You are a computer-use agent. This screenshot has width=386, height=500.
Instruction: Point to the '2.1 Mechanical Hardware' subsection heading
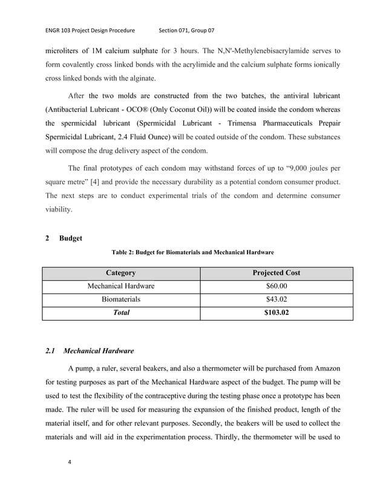pyautogui.click(x=90, y=350)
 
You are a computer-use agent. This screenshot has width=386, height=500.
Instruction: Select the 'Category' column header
pyautogui.click(x=121, y=272)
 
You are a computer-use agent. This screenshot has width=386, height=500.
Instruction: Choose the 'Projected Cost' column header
pyautogui.click(x=276, y=272)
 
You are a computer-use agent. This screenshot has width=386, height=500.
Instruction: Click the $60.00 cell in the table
pyautogui.click(x=276, y=286)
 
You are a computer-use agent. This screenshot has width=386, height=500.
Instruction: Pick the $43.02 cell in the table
pyautogui.click(x=276, y=299)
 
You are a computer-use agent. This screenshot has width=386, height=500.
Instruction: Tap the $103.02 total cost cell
pyautogui.click(x=276, y=313)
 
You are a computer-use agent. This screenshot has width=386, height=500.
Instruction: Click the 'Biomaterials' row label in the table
pyautogui.click(x=121, y=299)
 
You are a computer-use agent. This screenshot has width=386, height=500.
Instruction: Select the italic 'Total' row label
pyautogui.click(x=121, y=313)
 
